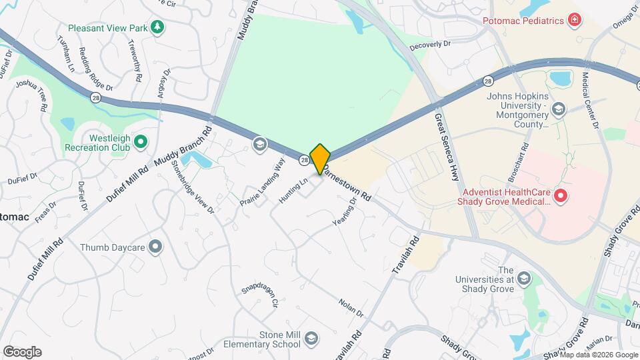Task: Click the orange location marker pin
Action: [320, 159]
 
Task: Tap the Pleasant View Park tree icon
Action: [157, 27]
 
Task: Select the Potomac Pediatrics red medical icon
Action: [573, 21]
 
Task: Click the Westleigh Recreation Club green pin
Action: [140, 141]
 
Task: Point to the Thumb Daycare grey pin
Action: [156, 247]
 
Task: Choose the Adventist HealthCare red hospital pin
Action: [561, 195]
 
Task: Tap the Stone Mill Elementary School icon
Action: [311, 340]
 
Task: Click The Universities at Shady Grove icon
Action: [524, 278]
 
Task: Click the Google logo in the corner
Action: [22, 352]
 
